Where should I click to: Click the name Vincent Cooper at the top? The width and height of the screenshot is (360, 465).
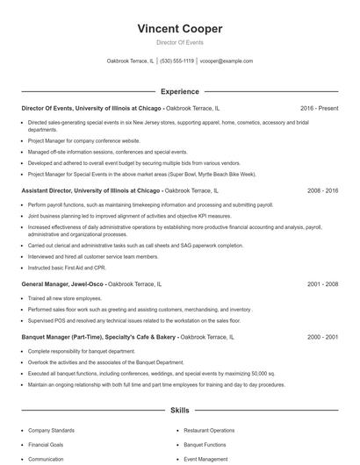tap(179, 29)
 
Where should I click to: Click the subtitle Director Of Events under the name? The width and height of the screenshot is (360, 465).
tap(179, 42)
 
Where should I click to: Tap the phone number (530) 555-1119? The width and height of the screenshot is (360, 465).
tap(176, 61)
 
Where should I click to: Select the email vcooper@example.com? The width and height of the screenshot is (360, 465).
tap(226, 61)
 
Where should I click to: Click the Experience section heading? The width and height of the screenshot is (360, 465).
tap(179, 91)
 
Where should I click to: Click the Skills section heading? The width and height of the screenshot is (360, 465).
tap(179, 411)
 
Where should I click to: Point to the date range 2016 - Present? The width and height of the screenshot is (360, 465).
tap(319, 108)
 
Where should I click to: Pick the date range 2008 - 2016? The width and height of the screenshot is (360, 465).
tap(321, 190)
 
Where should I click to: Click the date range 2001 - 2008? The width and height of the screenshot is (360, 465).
tap(321, 284)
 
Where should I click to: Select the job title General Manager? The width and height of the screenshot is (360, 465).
tap(50, 284)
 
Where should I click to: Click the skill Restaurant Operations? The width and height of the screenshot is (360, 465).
tap(209, 431)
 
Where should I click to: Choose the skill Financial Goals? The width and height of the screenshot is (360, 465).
tap(46, 445)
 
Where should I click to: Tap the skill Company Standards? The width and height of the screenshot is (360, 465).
tap(52, 431)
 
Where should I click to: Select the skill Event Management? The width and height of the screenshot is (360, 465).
tap(205, 459)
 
